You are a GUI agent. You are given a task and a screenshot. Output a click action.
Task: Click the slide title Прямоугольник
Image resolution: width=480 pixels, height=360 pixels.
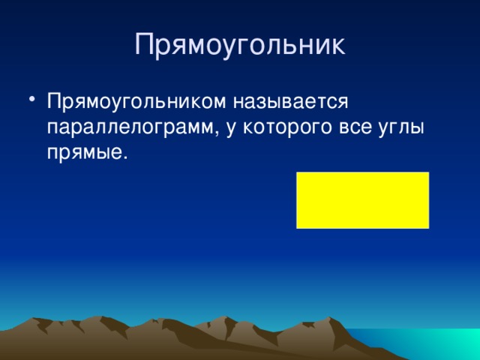(x=240, y=44)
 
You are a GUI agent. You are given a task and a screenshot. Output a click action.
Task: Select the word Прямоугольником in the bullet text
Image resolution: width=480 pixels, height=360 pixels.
(x=134, y=101)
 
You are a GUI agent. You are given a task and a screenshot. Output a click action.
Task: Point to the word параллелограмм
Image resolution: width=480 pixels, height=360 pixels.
(x=132, y=127)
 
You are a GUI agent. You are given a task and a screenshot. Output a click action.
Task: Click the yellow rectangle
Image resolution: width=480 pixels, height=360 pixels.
(x=362, y=199)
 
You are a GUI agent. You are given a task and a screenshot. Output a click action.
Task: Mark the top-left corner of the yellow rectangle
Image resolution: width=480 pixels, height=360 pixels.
(x=297, y=172)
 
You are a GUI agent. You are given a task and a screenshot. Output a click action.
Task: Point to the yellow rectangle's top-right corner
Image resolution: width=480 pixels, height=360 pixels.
(x=428, y=172)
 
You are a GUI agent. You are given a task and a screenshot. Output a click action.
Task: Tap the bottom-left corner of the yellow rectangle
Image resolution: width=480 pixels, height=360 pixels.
(x=297, y=227)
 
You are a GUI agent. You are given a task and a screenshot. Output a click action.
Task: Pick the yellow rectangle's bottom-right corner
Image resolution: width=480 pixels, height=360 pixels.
(x=428, y=227)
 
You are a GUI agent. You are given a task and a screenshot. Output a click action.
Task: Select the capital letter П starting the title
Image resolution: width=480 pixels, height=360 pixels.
(x=145, y=44)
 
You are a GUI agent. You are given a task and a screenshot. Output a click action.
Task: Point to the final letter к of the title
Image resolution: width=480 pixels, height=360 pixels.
(x=337, y=46)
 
